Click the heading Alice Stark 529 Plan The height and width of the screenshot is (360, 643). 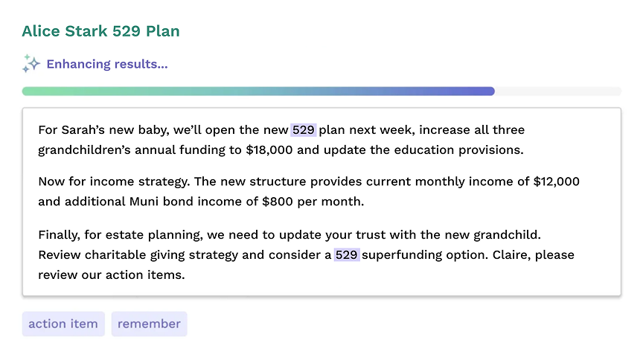(101, 31)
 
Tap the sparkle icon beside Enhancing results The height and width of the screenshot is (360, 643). (31, 63)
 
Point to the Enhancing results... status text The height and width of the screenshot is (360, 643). (107, 64)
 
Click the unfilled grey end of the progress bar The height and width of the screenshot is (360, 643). (557, 91)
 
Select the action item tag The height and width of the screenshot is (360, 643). (63, 324)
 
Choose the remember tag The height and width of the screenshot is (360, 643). (150, 324)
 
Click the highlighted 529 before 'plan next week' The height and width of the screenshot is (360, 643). (304, 130)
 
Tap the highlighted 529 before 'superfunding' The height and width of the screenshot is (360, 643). (347, 255)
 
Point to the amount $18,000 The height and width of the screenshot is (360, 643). (269, 150)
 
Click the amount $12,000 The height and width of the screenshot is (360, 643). (557, 181)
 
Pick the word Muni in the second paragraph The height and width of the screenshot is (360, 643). (144, 202)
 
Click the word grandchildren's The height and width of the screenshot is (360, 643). (85, 150)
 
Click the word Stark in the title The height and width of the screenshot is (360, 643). (86, 31)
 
